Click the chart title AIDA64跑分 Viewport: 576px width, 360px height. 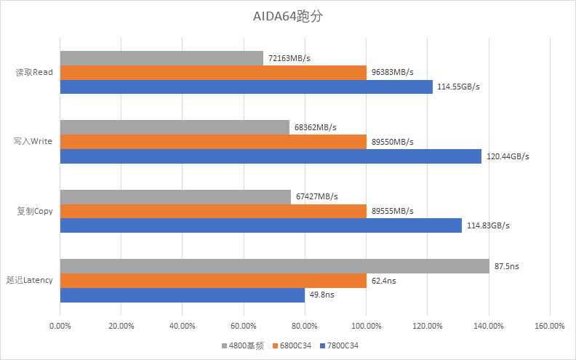(x=287, y=17)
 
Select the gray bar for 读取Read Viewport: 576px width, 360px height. (x=161, y=58)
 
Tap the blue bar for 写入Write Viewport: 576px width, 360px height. (x=271, y=156)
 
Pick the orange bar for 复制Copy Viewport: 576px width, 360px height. (x=213, y=211)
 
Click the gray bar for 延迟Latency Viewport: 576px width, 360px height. (x=274, y=266)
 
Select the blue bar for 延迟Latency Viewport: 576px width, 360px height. (x=183, y=295)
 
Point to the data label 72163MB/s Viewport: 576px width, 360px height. (x=289, y=57)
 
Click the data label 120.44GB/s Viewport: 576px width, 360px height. (x=508, y=156)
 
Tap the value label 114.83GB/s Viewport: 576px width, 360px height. (x=488, y=225)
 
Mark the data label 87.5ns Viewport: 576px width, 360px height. (x=506, y=266)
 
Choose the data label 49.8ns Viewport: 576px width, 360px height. (x=322, y=295)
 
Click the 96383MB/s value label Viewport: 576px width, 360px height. (x=392, y=72)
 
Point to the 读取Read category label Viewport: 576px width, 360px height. (x=34, y=72)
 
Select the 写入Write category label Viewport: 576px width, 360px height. (x=33, y=141)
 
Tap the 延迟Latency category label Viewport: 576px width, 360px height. (x=29, y=280)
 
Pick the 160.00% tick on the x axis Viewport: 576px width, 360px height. (x=550, y=325)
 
